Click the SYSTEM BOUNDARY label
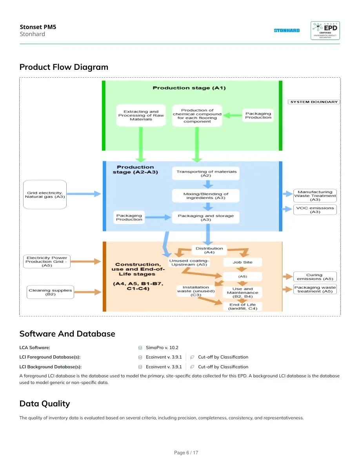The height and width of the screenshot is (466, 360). click(x=314, y=102)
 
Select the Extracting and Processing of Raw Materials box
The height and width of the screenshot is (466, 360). click(x=141, y=115)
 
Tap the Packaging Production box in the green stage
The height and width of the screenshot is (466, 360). click(x=258, y=115)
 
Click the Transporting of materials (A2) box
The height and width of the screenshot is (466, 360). click(x=206, y=173)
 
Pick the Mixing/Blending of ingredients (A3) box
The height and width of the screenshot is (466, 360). click(x=206, y=196)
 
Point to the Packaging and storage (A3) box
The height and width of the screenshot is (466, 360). click(x=206, y=218)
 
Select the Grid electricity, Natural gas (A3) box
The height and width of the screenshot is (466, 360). click(x=45, y=195)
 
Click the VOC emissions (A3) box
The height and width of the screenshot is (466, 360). click(x=315, y=210)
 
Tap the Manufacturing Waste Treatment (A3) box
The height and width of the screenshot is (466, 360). click(x=315, y=196)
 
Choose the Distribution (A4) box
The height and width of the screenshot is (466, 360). click(x=209, y=250)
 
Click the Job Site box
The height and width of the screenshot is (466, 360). click(x=243, y=262)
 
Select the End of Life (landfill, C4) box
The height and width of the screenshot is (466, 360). click(x=243, y=306)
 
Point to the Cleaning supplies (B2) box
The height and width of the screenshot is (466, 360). click(x=50, y=292)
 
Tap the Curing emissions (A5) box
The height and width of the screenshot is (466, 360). click(x=315, y=277)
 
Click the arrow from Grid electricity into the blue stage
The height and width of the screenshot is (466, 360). click(x=84, y=194)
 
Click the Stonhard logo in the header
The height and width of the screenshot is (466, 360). click(x=287, y=30)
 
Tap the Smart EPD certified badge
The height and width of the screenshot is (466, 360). click(x=325, y=31)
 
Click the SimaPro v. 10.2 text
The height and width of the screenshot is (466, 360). click(x=162, y=348)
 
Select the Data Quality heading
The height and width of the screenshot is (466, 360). click(x=45, y=404)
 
